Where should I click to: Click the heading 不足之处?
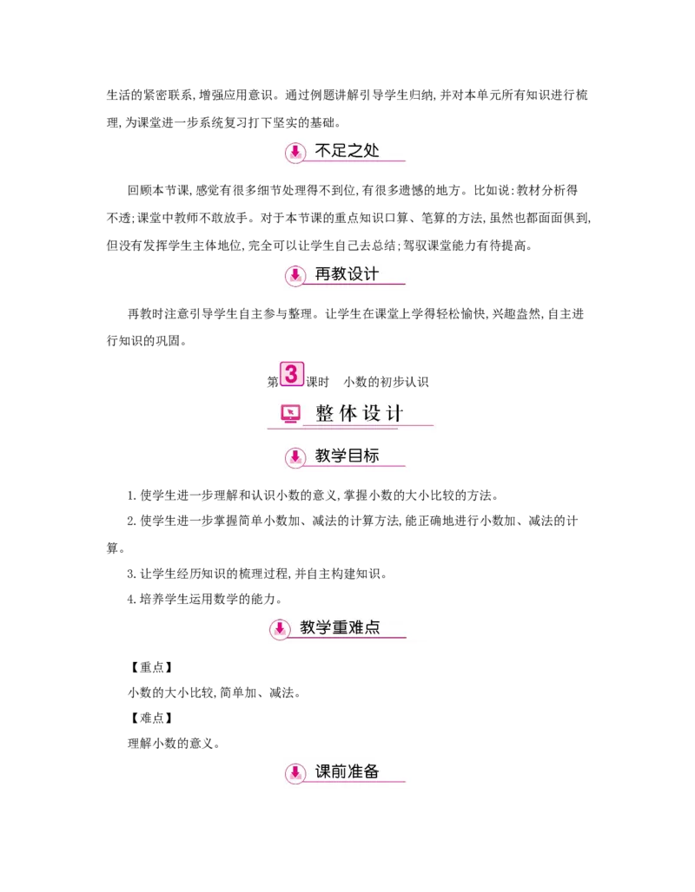347,151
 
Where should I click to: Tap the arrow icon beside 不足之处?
295,153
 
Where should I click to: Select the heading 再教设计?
347,274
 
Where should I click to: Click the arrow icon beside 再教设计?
295,276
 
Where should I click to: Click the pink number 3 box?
291,374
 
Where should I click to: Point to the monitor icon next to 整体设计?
291,414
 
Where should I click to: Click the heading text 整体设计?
359,414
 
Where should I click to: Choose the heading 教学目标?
347,456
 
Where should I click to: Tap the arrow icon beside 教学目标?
295,457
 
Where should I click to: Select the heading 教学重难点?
340,626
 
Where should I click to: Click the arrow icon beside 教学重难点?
280,629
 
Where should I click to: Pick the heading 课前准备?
347,771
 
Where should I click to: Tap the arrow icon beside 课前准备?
295,773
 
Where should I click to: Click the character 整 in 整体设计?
325,414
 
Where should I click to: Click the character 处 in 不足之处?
372,151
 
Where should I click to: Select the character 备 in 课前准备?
372,771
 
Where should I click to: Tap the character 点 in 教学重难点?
372,626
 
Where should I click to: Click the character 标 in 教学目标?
372,456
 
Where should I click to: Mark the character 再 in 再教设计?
323,274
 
